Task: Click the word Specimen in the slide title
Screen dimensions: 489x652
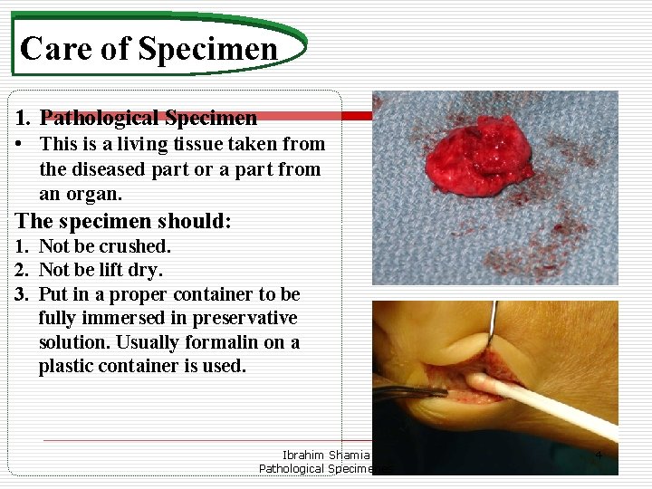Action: point(208,48)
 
